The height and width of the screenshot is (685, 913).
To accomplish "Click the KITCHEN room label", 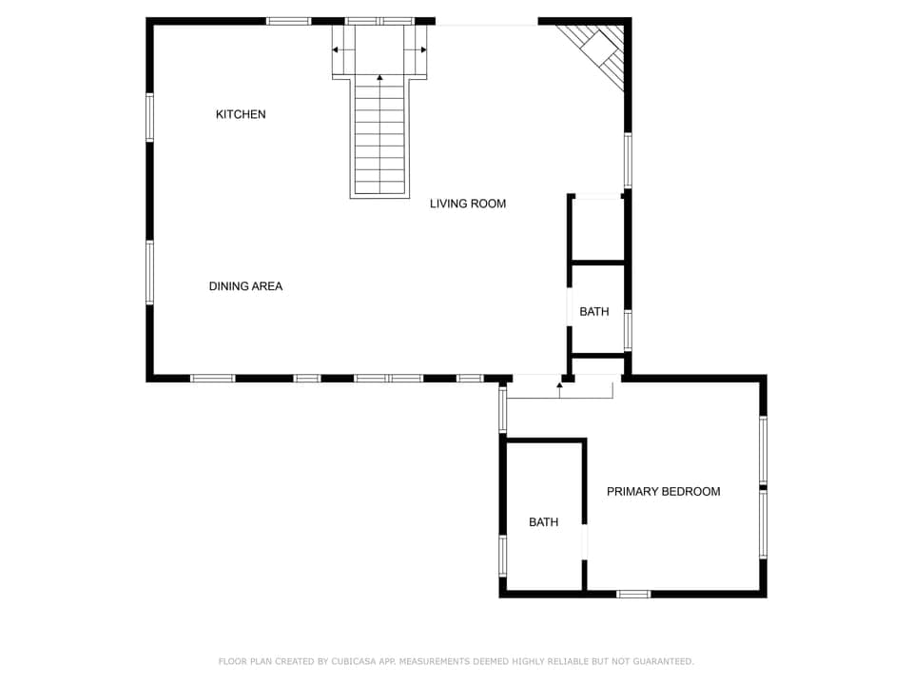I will click(241, 114).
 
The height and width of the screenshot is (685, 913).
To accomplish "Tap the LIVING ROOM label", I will click(467, 204).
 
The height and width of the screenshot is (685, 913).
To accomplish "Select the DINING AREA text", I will click(245, 286).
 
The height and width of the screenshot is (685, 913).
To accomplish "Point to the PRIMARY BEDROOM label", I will click(663, 492).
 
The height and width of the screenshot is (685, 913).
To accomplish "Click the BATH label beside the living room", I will click(593, 312).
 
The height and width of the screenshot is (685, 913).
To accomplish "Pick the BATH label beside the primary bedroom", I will click(543, 522).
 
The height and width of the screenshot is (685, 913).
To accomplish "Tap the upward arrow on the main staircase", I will click(379, 77).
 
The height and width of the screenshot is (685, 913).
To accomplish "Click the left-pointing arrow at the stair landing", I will click(336, 49).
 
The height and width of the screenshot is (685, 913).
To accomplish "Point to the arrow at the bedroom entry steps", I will click(559, 384).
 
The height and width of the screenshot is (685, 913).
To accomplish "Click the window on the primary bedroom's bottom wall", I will click(632, 594).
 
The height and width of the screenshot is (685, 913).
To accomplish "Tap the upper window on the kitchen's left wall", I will click(149, 117).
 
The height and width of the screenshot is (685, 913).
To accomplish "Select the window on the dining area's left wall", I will click(149, 272).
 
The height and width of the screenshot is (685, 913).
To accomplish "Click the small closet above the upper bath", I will click(597, 228).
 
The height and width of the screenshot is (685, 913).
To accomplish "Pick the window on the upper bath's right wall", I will click(627, 330).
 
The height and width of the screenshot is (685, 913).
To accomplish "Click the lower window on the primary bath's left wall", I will click(503, 555).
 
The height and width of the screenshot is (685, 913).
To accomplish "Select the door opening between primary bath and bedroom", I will click(585, 540).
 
